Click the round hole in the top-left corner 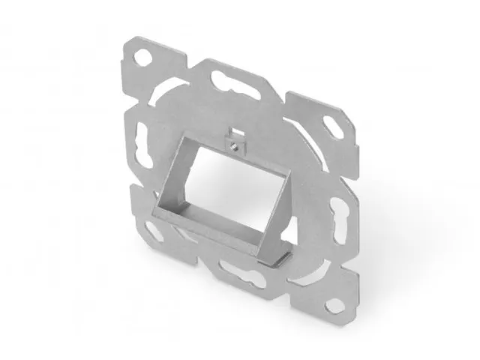(x=141, y=55)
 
